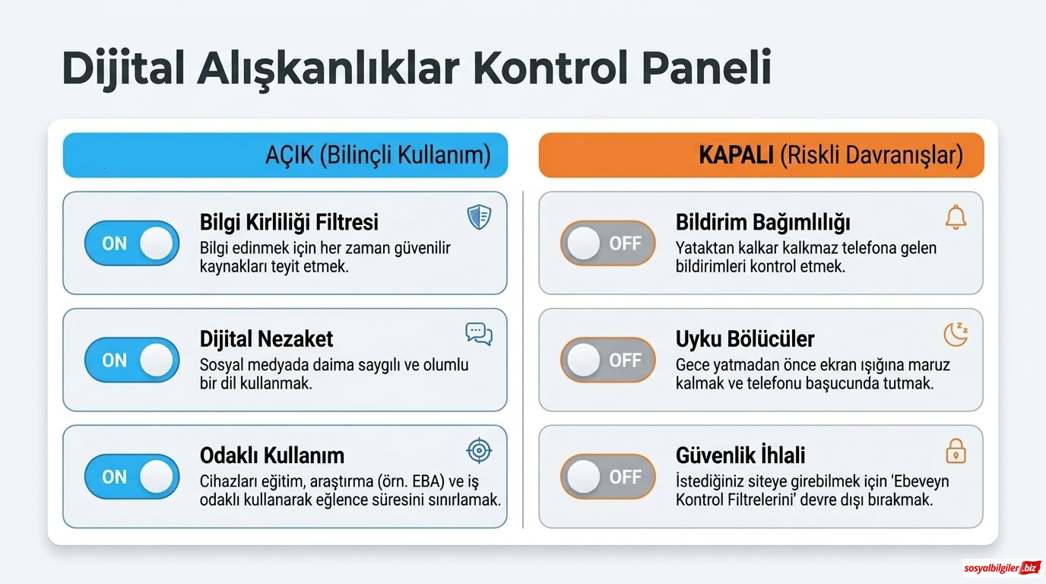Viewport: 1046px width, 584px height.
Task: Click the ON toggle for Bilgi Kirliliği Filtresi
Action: point(132,243)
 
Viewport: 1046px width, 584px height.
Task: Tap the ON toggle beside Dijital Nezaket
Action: point(132,360)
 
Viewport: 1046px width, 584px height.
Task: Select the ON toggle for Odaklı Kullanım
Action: point(132,477)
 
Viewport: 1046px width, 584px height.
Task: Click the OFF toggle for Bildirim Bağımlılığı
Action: point(607,243)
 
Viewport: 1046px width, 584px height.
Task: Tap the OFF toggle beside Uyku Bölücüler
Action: point(607,360)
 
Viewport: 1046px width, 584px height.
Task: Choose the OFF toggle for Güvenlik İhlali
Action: point(607,477)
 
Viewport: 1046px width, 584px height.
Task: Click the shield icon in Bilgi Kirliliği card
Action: point(479,217)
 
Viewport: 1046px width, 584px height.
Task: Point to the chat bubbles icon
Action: point(479,334)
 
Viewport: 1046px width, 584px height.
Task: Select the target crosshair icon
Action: point(479,451)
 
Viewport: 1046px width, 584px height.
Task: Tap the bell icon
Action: point(956,217)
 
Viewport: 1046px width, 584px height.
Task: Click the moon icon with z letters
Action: point(956,334)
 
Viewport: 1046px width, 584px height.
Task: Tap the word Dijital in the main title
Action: point(122,68)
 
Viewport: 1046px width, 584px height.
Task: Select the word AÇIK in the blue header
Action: point(289,156)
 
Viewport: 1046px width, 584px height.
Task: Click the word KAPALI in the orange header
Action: point(736,156)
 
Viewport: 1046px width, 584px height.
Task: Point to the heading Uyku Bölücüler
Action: point(745,338)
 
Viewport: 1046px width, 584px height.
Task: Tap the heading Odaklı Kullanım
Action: point(271,455)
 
